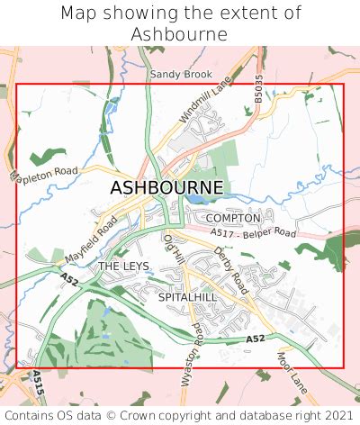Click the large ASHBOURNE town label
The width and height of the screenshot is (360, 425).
pos(167,187)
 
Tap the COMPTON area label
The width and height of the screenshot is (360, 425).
pos(232,218)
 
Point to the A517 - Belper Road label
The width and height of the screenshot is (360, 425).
pos(253,233)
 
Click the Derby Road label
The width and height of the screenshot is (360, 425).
pos(231,268)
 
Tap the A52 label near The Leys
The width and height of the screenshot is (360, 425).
pos(69,285)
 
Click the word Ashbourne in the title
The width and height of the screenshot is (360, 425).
pos(180,33)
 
